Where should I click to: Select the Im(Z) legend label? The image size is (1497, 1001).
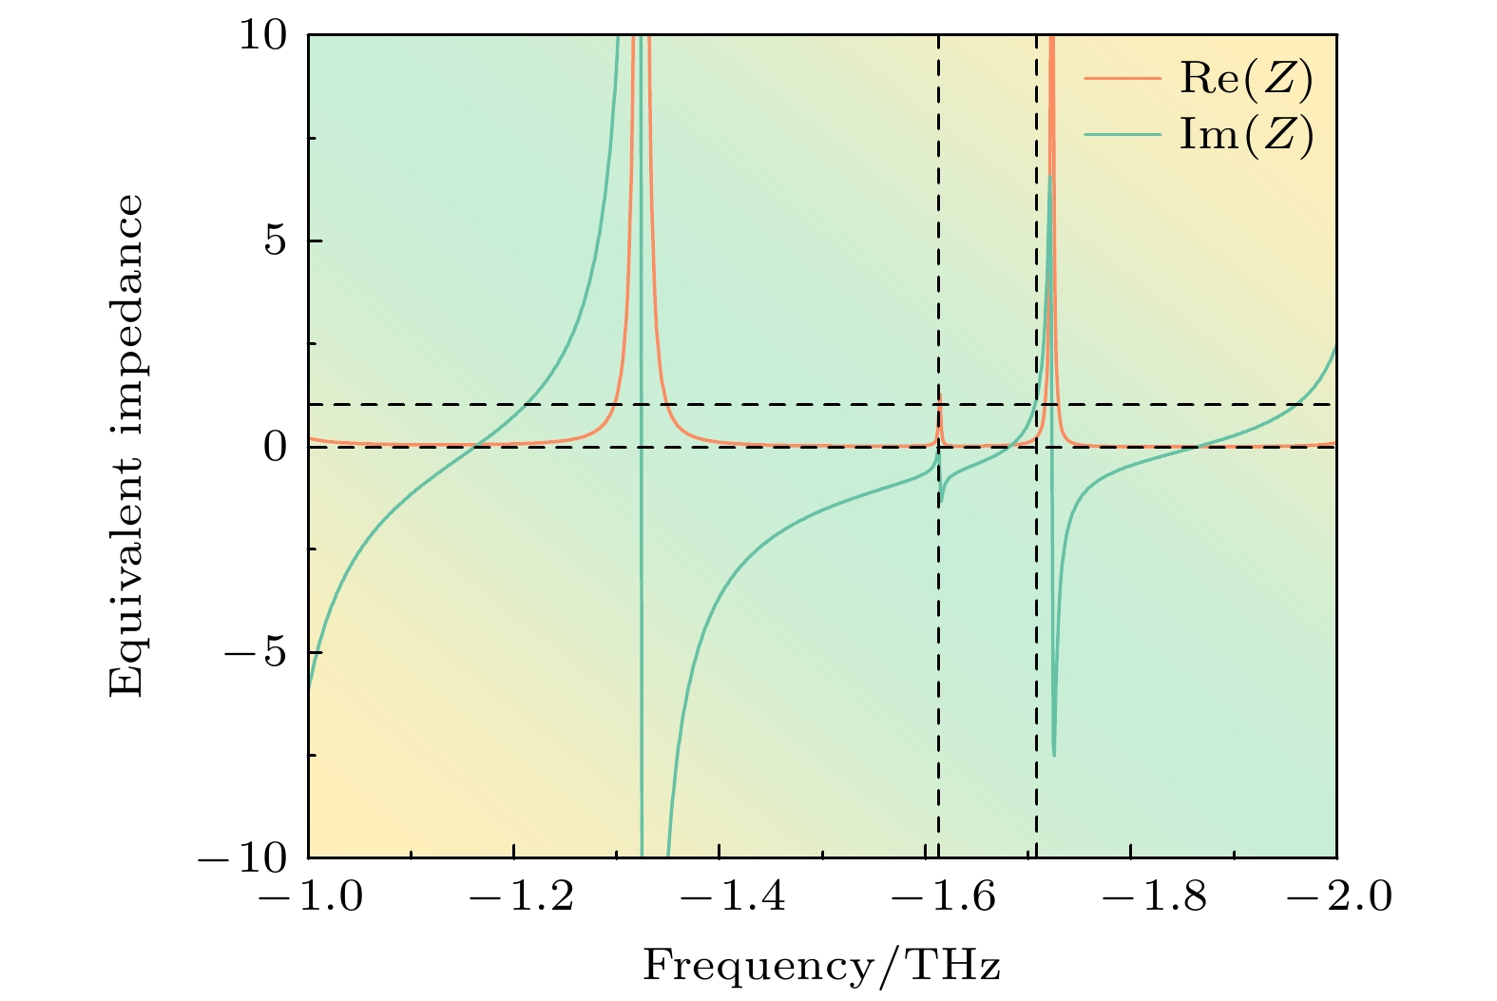(x=1246, y=134)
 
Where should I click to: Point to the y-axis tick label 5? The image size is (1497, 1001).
(x=276, y=241)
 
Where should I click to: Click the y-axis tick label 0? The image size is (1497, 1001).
(x=276, y=447)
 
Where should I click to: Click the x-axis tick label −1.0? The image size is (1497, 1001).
(x=309, y=896)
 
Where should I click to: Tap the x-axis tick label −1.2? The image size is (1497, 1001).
(x=514, y=896)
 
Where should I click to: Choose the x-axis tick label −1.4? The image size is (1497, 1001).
(x=720, y=896)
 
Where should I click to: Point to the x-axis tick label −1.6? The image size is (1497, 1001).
(x=926, y=896)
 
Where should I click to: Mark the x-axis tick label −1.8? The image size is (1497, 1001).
(x=1131, y=896)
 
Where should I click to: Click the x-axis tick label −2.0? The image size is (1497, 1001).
(x=1336, y=896)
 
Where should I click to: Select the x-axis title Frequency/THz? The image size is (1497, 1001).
(x=822, y=967)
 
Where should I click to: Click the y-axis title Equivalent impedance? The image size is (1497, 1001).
(x=126, y=445)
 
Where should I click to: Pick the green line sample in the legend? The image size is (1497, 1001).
(x=1122, y=134)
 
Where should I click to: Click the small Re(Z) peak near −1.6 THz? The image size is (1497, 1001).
(x=939, y=399)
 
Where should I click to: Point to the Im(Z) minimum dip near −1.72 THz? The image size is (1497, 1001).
(x=1054, y=755)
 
